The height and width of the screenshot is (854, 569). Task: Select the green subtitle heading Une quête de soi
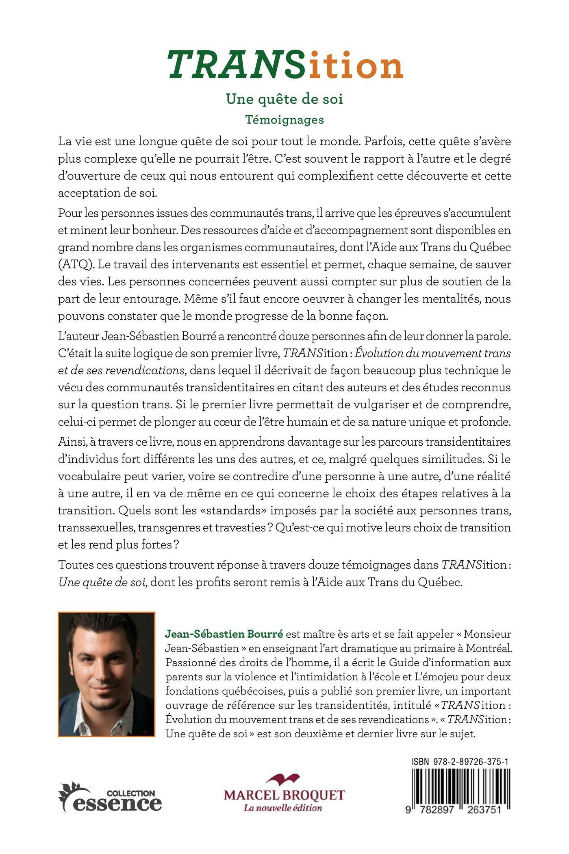click(x=284, y=99)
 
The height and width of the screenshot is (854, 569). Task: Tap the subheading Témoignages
click(x=284, y=120)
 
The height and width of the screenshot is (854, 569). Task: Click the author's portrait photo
click(x=106, y=674)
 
